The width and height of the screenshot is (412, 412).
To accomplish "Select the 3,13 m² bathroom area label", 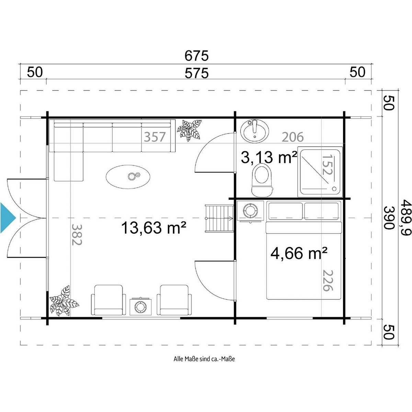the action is pos(269,157).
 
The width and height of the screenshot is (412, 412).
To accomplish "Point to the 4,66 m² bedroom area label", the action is pos(299,253).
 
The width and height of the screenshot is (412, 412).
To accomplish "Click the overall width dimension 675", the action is pos(196,56).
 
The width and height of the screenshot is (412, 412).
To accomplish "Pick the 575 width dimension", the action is pos(196,73).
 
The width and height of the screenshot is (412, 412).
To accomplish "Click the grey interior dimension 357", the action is pos(155,137).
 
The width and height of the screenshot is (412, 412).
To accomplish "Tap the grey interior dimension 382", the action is pos(77,234).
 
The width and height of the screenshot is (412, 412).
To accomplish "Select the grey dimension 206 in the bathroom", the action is pos(293,137).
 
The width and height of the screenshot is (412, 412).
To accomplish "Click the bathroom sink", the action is pos(254,131).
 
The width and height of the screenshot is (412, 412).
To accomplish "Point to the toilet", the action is pos(262,180).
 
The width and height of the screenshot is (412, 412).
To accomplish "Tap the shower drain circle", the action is pos(334,188).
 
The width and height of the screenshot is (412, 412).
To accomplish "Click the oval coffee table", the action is pos(128,176).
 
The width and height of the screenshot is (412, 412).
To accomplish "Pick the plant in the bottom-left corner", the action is pos(64,301).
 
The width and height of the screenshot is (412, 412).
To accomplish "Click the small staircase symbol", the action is pos(219,218).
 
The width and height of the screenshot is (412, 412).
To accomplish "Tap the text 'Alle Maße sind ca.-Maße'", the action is pos(204,359).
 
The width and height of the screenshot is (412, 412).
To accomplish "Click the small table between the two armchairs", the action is pos(140,307).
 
